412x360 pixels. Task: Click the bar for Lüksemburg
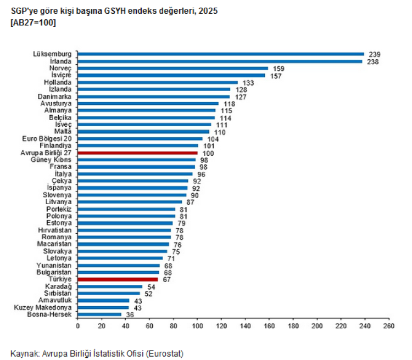click(221, 54)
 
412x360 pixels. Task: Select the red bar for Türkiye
click(118, 279)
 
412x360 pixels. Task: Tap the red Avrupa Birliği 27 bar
click(138, 153)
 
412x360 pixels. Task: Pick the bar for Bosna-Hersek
click(99, 314)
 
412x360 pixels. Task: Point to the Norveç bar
click(173, 68)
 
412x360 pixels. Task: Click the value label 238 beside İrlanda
click(372, 62)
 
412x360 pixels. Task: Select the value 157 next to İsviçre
click(276, 76)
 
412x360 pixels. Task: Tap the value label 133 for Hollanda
click(248, 83)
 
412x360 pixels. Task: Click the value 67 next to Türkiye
click(166, 280)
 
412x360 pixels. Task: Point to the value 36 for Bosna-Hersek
click(130, 314)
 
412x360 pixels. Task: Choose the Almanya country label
click(58, 110)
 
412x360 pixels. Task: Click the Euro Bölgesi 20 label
click(47, 138)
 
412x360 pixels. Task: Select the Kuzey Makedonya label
click(42, 307)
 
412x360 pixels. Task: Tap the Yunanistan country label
click(54, 265)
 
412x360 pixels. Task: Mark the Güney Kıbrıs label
click(51, 160)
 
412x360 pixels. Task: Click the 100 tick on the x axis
click(197, 326)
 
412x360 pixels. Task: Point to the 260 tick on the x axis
click(389, 326)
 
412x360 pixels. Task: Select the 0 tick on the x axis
click(78, 326)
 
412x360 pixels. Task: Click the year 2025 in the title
click(208, 11)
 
